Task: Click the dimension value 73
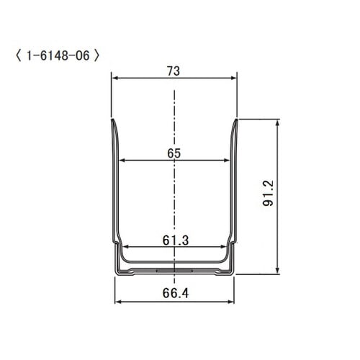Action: [x=174, y=71]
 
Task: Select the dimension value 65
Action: [x=174, y=153]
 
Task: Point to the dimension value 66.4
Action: [x=174, y=293]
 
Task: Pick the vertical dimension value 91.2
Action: [x=268, y=196]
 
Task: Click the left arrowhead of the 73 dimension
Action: [x=114, y=79]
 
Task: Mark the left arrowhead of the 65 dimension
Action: [x=122, y=160]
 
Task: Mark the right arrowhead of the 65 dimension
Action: [x=226, y=160]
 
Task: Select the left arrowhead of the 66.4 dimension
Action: [x=119, y=302]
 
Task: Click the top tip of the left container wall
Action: [x=113, y=121]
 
